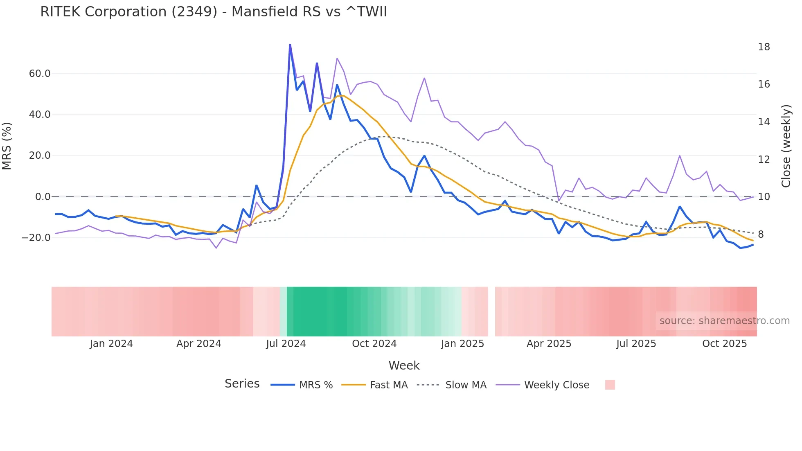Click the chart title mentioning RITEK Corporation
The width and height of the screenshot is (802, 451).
[x=213, y=12]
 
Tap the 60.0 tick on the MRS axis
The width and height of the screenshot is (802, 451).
[x=40, y=74]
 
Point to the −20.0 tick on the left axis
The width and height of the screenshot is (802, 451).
[x=36, y=237]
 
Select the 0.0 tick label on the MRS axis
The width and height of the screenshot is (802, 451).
[x=43, y=197]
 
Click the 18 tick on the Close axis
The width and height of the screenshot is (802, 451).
[x=764, y=47]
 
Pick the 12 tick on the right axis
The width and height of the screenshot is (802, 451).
[x=764, y=160]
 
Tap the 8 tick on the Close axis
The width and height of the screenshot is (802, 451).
[x=761, y=235]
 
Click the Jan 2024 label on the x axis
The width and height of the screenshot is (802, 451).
[x=111, y=344]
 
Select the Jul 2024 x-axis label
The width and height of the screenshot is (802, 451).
[x=286, y=344]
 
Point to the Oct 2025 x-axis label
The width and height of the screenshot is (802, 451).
[x=724, y=344]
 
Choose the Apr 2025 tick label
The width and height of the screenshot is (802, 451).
[x=549, y=344]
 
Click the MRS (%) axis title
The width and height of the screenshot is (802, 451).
[x=7, y=146]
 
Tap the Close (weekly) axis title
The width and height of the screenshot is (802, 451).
[x=786, y=146]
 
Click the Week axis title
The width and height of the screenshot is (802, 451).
[x=404, y=365]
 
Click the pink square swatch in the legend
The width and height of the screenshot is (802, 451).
[x=610, y=385]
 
